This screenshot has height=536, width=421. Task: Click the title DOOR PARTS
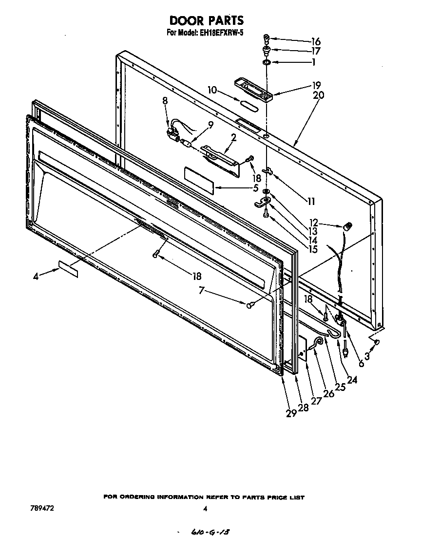point(206,20)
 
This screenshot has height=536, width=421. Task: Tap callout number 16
point(316,41)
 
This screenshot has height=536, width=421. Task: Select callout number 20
point(319,95)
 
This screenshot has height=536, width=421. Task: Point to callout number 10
point(212,90)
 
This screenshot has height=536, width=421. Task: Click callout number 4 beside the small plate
point(36,277)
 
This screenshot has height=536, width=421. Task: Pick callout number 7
point(201,291)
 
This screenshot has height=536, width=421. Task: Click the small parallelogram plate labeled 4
point(68,269)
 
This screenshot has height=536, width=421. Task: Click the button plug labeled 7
point(249,305)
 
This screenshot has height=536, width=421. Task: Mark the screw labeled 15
point(266,213)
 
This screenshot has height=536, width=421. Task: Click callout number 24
point(352,381)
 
